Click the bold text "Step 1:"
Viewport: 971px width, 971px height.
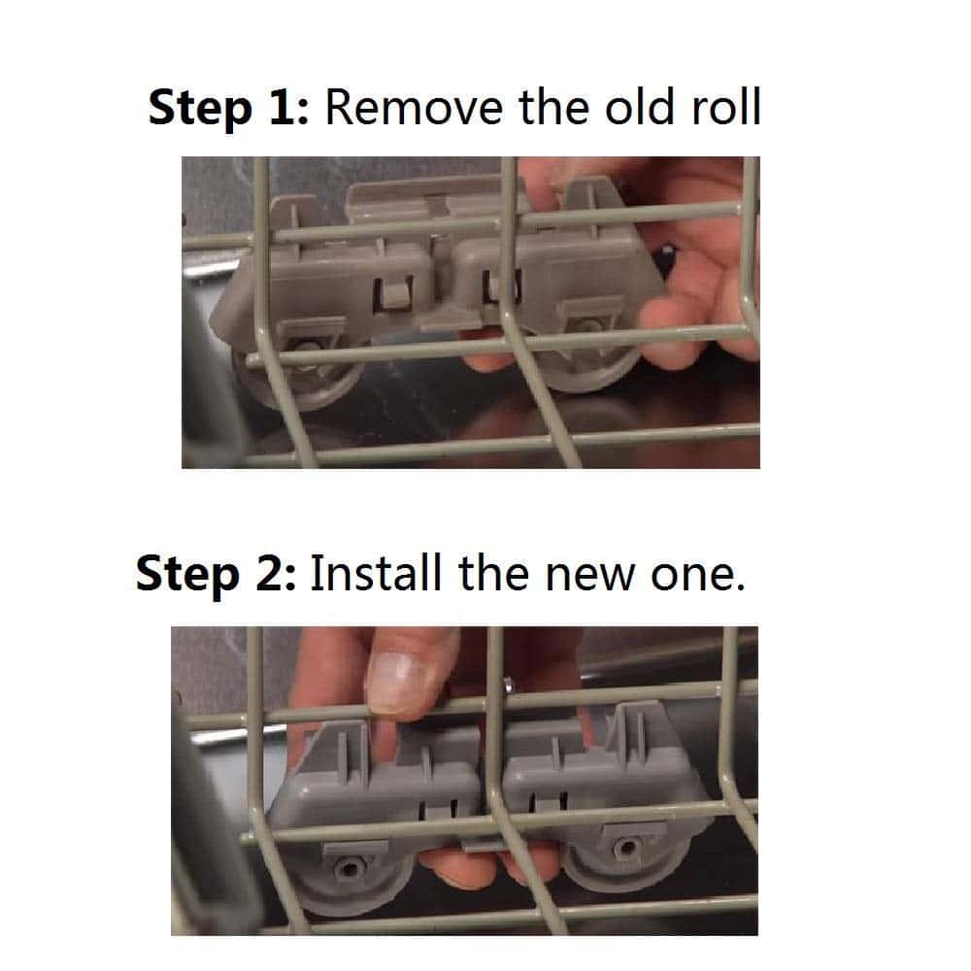[228, 108]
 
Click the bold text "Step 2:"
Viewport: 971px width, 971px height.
[217, 574]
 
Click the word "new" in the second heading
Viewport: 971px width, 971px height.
[590, 579]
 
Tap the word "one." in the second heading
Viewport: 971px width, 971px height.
[697, 579]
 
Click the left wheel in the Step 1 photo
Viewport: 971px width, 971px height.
[302, 376]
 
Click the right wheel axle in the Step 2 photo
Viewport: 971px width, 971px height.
[626, 846]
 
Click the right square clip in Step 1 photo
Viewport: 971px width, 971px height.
[502, 287]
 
